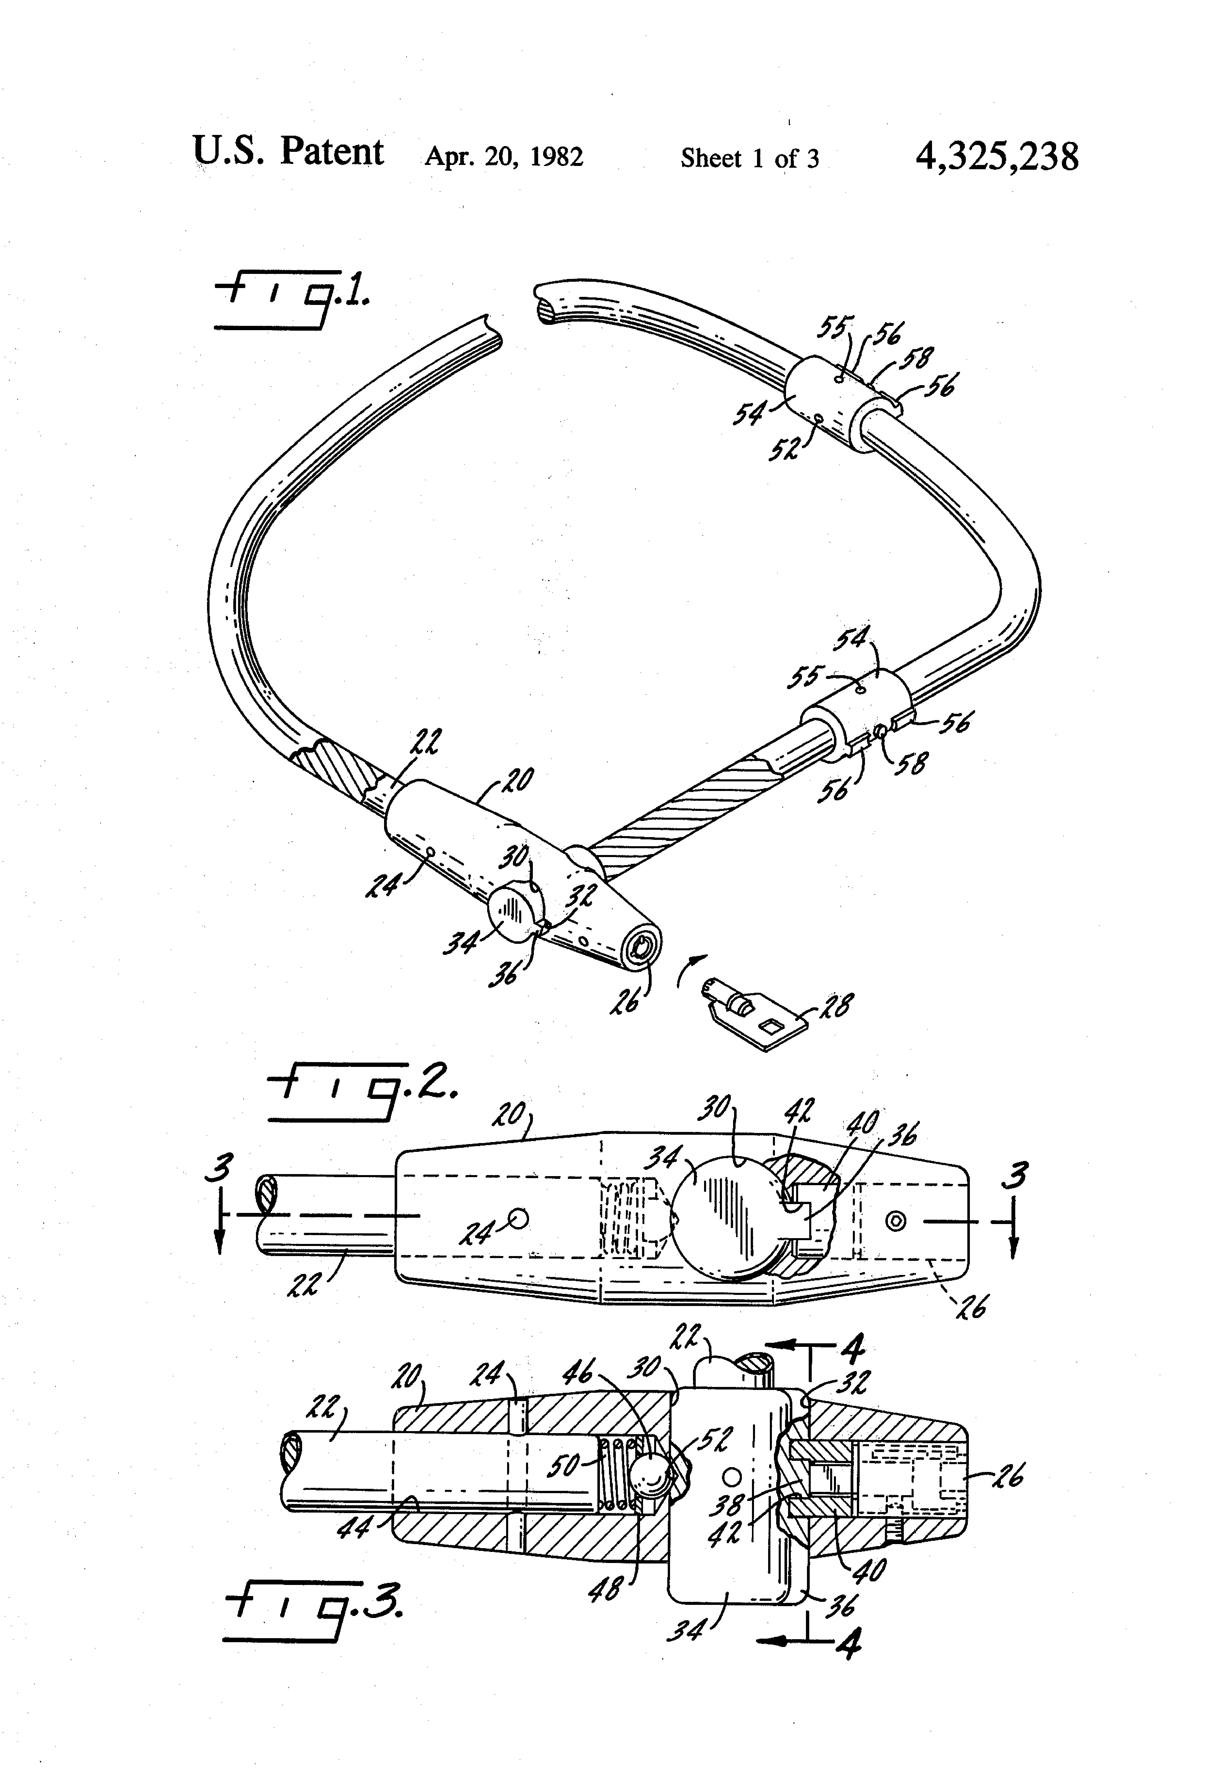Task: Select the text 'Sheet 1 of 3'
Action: [x=749, y=159]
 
